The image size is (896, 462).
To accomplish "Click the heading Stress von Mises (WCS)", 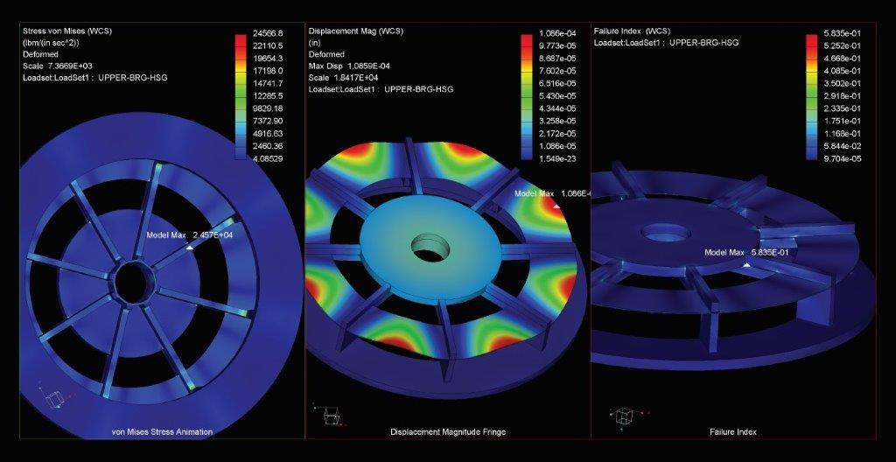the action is [x=66, y=31].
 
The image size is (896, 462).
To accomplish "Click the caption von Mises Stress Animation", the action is [x=162, y=431].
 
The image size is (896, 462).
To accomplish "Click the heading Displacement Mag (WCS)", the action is [x=356, y=31].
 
